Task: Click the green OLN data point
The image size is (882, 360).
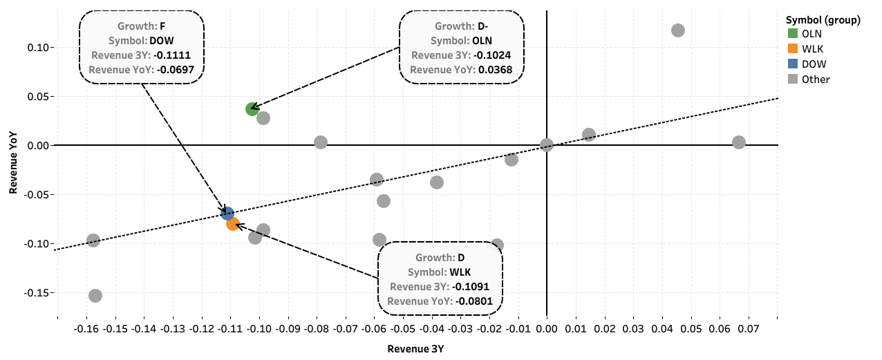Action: pyautogui.click(x=252, y=109)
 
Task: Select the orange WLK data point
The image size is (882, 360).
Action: pyautogui.click(x=233, y=224)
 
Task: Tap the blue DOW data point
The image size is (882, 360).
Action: pyautogui.click(x=227, y=214)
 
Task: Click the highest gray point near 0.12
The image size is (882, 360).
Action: pyautogui.click(x=678, y=30)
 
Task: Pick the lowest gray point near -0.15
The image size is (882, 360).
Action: pyautogui.click(x=95, y=296)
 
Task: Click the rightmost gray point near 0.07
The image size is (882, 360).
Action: pyautogui.click(x=739, y=142)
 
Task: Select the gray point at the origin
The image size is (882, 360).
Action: pyautogui.click(x=547, y=145)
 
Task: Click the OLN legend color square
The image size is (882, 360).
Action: pyautogui.click(x=792, y=33)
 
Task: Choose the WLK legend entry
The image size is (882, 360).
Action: pyautogui.click(x=812, y=48)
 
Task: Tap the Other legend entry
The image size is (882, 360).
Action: pyautogui.click(x=816, y=79)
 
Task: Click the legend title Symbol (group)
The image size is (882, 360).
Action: pyautogui.click(x=823, y=20)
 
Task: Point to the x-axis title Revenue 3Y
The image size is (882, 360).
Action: pyautogui.click(x=415, y=348)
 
